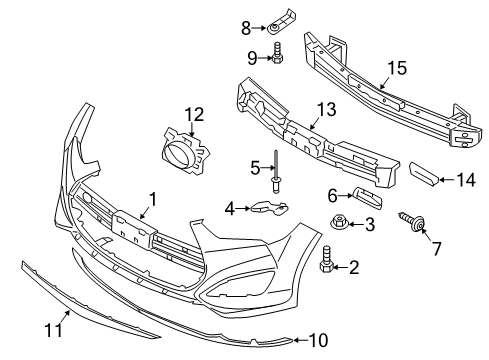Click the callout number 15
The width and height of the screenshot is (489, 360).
pyautogui.click(x=397, y=68)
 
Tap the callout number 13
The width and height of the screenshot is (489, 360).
pyautogui.click(x=326, y=109)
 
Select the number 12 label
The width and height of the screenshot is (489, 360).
pyautogui.click(x=194, y=114)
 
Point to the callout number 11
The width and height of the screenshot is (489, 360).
pyautogui.click(x=53, y=330)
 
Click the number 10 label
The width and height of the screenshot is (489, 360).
pyautogui.click(x=319, y=340)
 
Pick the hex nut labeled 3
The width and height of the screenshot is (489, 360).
pyautogui.click(x=338, y=221)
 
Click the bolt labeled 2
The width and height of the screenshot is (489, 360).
pyautogui.click(x=326, y=259)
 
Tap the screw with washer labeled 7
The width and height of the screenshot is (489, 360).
pyautogui.click(x=413, y=222)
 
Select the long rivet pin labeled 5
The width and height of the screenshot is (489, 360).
pyautogui.click(x=276, y=171)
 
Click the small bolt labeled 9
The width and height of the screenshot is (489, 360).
pyautogui.click(x=277, y=53)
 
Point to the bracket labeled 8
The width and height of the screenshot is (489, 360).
pyautogui.click(x=282, y=23)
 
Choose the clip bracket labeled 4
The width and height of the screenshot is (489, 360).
pyautogui.click(x=269, y=207)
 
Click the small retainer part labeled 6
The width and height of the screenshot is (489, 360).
pyautogui.click(x=368, y=197)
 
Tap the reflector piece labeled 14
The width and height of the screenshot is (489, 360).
pyautogui.click(x=424, y=173)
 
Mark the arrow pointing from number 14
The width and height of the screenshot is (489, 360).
pyautogui.click(x=447, y=180)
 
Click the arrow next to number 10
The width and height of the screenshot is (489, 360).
pyautogui.click(x=301, y=340)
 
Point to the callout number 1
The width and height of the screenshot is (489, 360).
pyautogui.click(x=152, y=199)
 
